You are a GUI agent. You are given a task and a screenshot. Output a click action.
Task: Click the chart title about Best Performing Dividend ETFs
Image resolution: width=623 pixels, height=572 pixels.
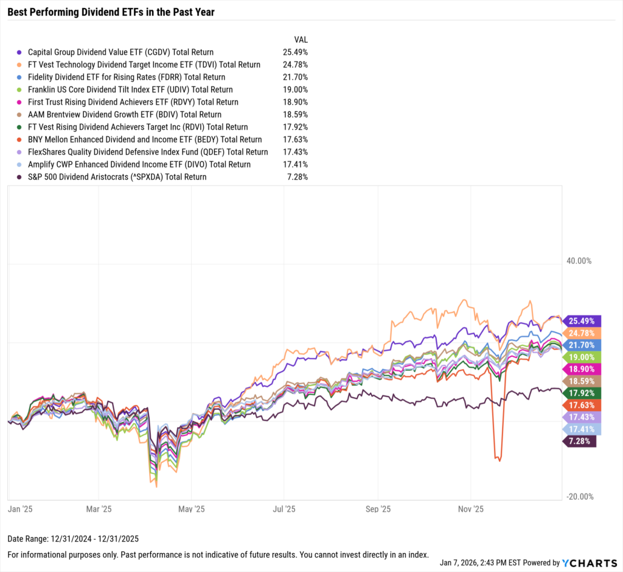tap(111, 12)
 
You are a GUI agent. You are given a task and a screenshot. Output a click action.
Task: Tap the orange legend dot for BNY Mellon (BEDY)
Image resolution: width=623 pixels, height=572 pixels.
tap(20, 139)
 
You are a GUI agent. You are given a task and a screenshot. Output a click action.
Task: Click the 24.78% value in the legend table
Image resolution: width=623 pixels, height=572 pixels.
tap(295, 65)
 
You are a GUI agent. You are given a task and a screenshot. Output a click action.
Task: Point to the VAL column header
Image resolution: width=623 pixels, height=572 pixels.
tap(300, 40)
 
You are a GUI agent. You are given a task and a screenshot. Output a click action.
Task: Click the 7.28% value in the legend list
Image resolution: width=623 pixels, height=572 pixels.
tap(297, 177)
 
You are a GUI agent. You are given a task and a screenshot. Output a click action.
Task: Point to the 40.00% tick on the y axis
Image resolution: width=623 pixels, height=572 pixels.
tap(579, 261)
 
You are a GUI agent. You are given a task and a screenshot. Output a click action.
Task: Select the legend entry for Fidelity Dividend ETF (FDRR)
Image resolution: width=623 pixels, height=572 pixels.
tap(126, 77)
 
